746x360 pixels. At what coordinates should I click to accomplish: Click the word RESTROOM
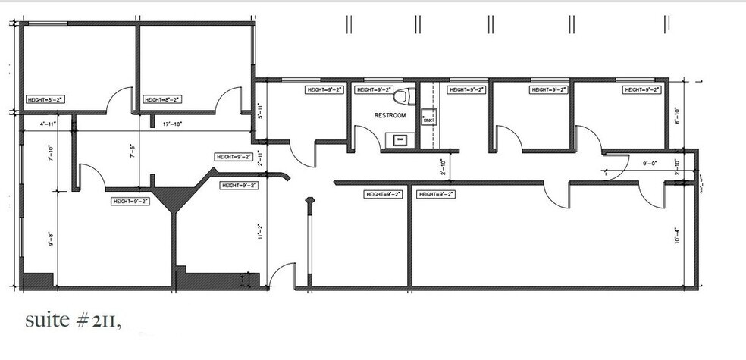[390, 115]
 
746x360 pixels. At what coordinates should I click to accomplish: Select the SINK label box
[428, 120]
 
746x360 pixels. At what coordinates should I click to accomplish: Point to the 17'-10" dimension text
[171, 123]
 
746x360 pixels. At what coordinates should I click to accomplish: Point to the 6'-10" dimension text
[678, 115]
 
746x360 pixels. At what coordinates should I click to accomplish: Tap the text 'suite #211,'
[73, 321]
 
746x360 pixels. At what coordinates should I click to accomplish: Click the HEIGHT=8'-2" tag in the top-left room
[47, 99]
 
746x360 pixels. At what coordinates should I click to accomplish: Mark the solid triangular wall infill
[175, 199]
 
